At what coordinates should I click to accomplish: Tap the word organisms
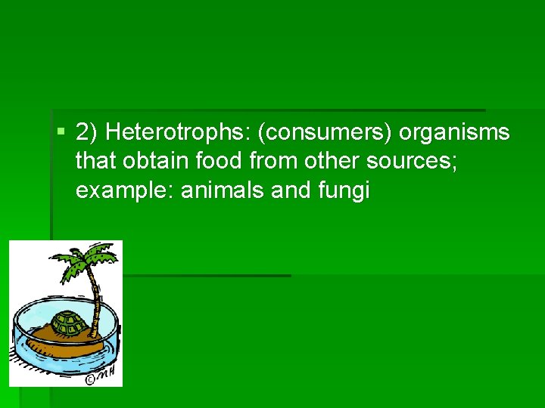[454, 133]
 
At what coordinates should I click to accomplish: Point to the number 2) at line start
[87, 133]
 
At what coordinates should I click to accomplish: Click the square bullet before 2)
[61, 133]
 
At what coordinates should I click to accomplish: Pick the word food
[204, 162]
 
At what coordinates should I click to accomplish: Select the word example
[125, 190]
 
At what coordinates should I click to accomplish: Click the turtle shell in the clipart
[69, 323]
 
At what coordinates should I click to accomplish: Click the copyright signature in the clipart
[102, 375]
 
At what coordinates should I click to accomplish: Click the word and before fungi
[290, 190]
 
